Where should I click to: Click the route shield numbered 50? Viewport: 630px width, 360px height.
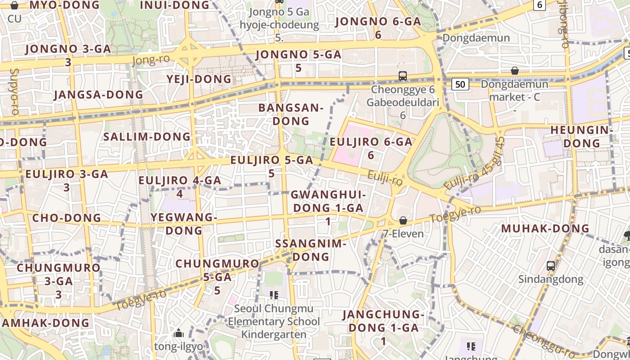point(459,84)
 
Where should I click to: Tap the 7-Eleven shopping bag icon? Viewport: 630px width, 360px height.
point(403,220)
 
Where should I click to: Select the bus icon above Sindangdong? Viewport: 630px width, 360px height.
point(551,265)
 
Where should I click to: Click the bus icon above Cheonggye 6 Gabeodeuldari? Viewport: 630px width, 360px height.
point(403,76)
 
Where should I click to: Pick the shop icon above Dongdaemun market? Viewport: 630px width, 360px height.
point(515,71)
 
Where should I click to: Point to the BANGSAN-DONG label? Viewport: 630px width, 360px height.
point(291,114)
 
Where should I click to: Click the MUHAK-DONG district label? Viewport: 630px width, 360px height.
point(545,228)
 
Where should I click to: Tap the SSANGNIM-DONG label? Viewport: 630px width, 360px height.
point(310,250)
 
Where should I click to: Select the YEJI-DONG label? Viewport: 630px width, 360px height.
point(199,79)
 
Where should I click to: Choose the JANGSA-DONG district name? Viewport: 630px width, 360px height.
point(98,95)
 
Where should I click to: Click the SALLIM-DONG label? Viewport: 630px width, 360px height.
point(147,136)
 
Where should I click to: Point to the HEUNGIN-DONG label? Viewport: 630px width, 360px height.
point(582,136)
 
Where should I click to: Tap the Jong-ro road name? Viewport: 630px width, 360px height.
point(152,59)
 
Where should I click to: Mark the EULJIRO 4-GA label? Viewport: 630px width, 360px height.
point(180,187)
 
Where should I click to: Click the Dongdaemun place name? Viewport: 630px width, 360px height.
point(476,37)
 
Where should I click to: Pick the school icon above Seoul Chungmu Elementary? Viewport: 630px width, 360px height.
point(274,295)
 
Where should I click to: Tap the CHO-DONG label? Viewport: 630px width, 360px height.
point(67,218)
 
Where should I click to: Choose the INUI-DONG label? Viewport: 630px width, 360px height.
point(175,5)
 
